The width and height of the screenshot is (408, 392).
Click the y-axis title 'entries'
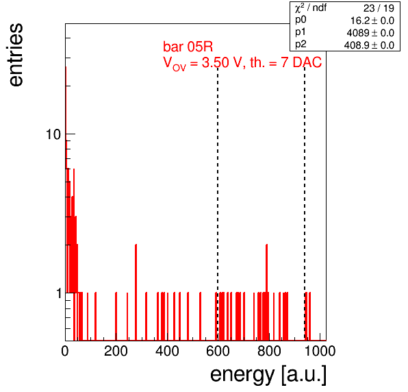coord(16,55)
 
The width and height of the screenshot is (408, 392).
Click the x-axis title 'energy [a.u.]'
coord(268,375)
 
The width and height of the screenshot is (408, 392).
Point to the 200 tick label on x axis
coord(116,351)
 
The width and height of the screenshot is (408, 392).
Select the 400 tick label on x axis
coord(167,351)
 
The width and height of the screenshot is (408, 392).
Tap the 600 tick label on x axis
coord(218,351)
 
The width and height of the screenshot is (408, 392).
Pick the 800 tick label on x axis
coord(269,351)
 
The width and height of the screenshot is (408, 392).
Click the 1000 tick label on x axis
coord(320,351)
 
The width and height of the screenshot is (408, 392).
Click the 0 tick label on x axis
coord(65,351)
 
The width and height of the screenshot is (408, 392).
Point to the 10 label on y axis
coord(53,134)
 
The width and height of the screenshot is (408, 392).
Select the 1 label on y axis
coord(59,293)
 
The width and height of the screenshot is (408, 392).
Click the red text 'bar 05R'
coord(188,47)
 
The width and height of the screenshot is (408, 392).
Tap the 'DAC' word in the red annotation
coord(307,62)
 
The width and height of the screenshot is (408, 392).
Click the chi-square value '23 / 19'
coord(379,8)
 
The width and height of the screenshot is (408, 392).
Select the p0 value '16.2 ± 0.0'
coord(372,21)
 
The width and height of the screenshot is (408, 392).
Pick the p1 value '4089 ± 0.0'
coord(370,33)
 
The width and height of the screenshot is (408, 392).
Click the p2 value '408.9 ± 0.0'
coord(369,45)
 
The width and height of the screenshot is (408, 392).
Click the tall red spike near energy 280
coord(136,292)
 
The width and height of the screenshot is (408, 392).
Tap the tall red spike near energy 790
coord(267,292)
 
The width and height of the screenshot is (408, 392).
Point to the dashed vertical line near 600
coord(218,204)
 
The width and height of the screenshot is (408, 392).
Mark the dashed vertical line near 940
coord(305,204)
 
